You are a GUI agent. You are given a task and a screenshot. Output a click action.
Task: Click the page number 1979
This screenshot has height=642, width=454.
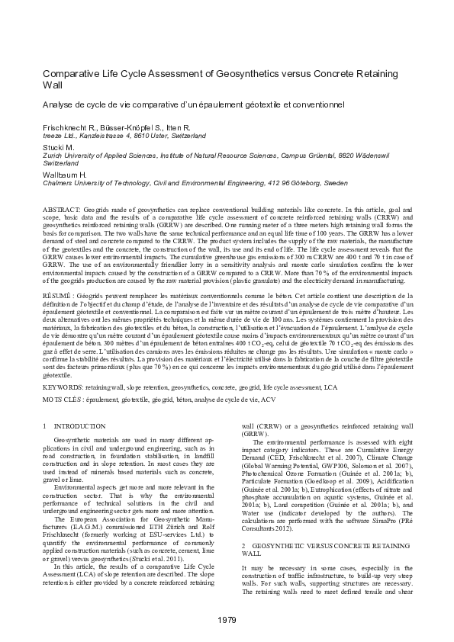227,618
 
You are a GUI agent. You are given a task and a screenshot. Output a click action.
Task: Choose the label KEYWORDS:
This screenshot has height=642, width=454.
64,388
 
